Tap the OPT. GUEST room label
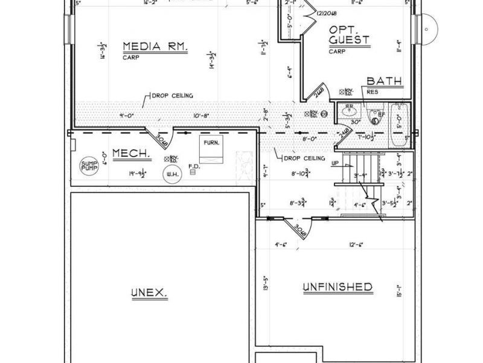click(350, 36)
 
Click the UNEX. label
click(148, 293)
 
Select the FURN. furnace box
click(212, 149)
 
